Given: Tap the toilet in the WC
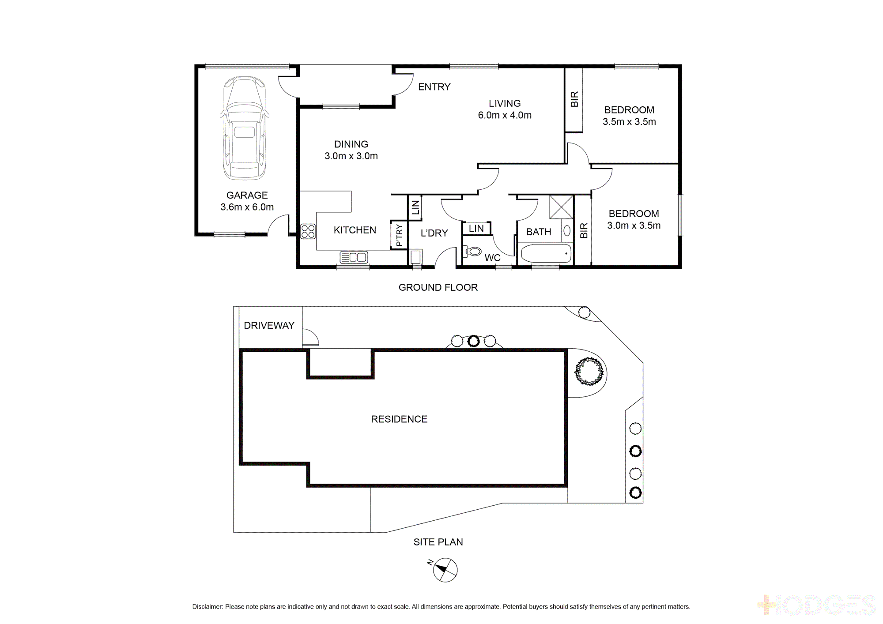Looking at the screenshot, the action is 473,252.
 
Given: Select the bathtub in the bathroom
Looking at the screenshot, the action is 546,254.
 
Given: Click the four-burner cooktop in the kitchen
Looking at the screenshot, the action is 308,231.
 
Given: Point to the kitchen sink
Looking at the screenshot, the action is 354,257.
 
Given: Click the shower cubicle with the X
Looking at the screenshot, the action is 561,207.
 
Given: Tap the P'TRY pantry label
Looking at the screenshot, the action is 399,235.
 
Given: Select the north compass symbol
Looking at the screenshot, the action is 445,570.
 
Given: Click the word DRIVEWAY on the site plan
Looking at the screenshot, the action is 269,325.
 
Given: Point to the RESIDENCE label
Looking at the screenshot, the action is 399,419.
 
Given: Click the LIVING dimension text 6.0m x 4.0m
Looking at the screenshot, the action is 505,115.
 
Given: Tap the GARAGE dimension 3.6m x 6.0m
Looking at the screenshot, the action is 247,207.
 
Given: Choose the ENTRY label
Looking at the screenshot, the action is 434,87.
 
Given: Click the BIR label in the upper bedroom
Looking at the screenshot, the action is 574,99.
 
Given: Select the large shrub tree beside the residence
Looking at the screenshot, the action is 589,371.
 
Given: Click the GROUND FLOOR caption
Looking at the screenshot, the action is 438,287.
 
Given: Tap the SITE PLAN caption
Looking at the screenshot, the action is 438,542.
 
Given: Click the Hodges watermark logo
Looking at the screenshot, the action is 817,605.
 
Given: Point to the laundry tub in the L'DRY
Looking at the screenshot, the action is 416,256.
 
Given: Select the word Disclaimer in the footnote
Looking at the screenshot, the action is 208,607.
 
